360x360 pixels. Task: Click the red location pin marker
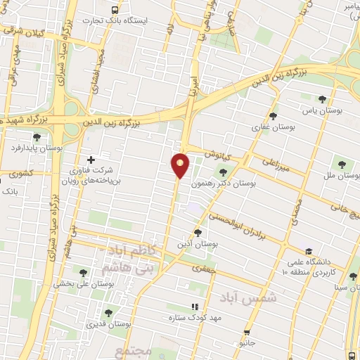(x=181, y=165)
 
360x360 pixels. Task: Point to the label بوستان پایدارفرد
(x=37, y=148)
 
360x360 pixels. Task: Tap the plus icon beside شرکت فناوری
(x=90, y=160)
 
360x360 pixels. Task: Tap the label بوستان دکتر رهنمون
(x=229, y=184)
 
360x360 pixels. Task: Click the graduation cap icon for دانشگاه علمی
(x=308, y=251)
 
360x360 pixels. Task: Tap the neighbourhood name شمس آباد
(x=248, y=298)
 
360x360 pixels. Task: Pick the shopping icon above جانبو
(x=247, y=333)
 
